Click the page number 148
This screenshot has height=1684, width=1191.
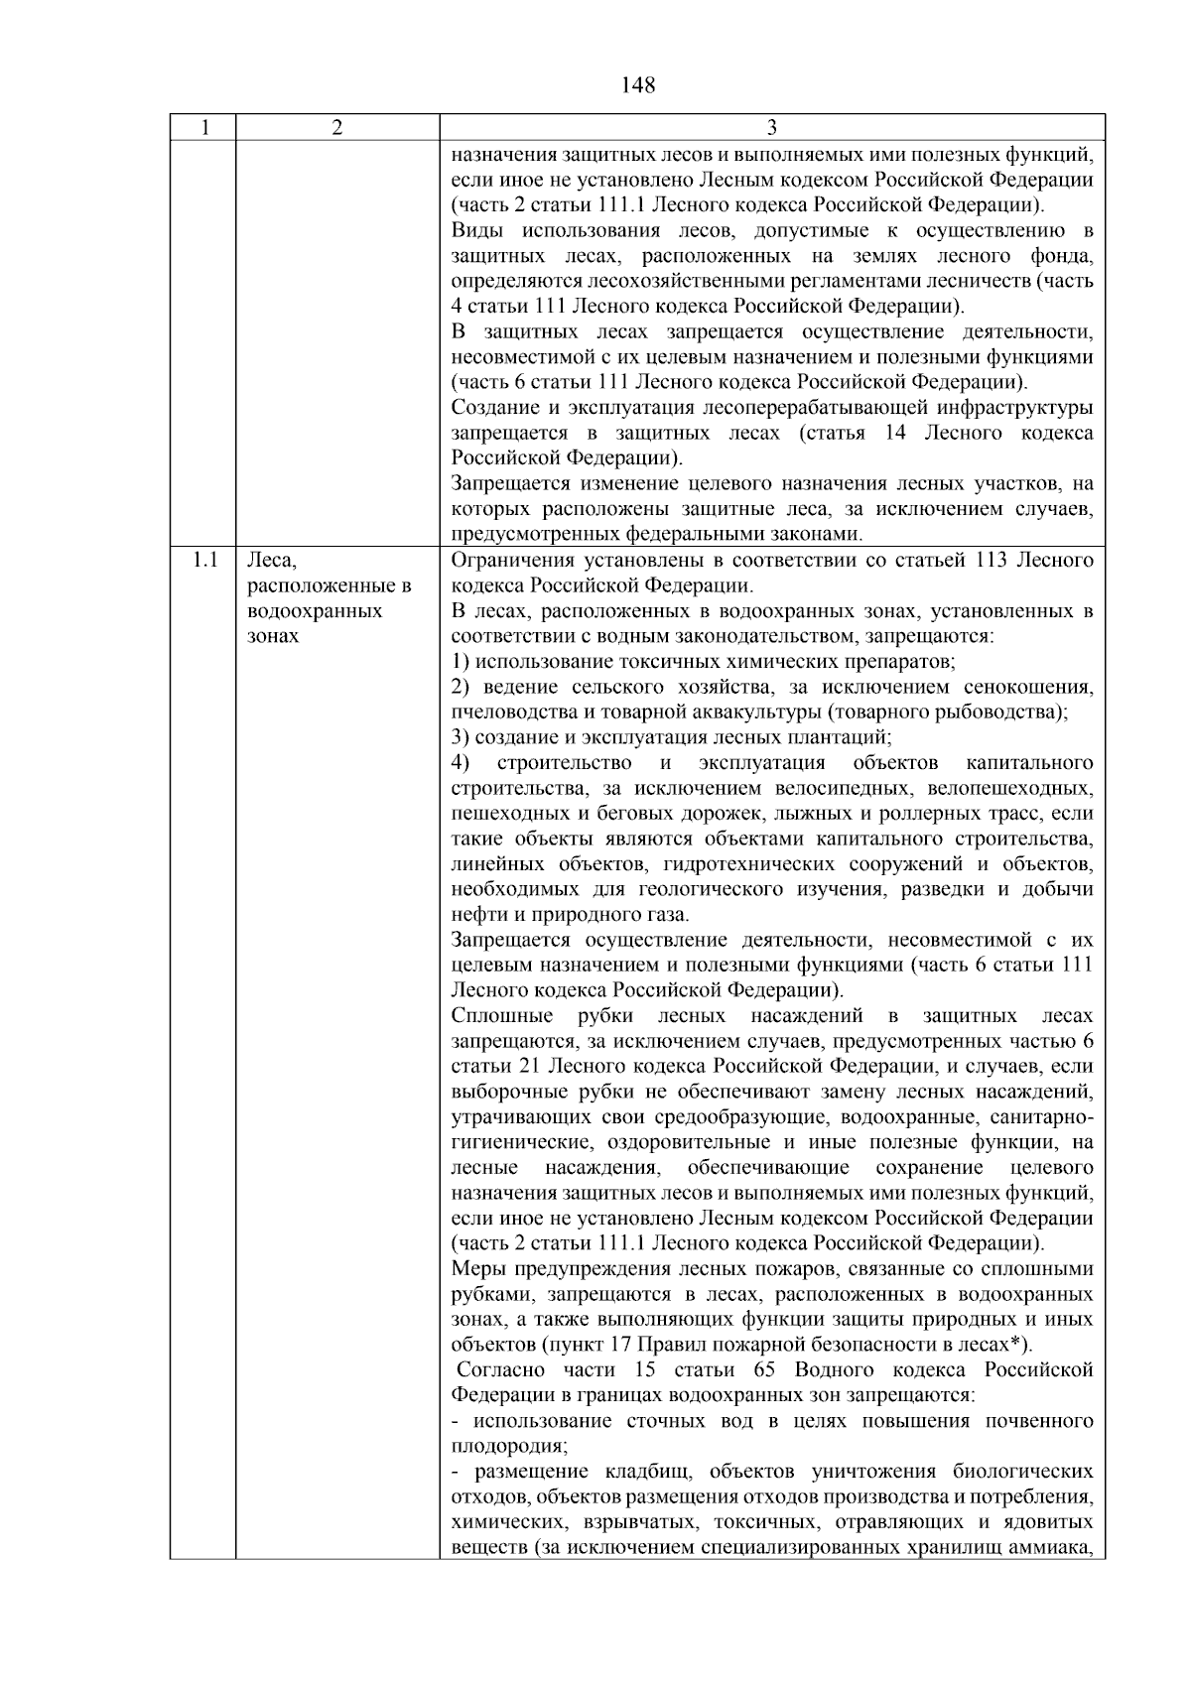pyautogui.click(x=638, y=85)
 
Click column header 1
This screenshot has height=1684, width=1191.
pyautogui.click(x=203, y=128)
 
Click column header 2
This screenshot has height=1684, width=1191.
pyautogui.click(x=337, y=128)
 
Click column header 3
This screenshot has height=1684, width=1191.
pyautogui.click(x=772, y=128)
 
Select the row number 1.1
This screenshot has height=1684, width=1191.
pyautogui.click(x=204, y=561)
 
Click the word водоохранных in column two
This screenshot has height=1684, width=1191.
pyautogui.click(x=315, y=611)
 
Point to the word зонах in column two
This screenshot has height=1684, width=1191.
pyautogui.click(x=273, y=636)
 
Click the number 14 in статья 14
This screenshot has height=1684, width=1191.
pyautogui.click(x=894, y=434)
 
